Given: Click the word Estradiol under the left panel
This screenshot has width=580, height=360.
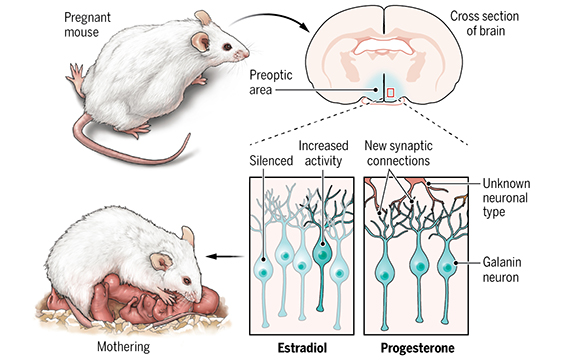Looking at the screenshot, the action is pyautogui.click(x=302, y=348).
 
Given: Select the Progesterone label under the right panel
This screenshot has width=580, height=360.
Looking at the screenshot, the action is pyautogui.click(x=418, y=348).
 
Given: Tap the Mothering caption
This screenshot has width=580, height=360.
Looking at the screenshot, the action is pyautogui.click(x=124, y=347).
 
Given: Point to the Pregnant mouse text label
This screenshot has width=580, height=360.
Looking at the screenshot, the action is pyautogui.click(x=87, y=25).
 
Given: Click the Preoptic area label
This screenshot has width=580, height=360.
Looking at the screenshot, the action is pyautogui.click(x=271, y=82).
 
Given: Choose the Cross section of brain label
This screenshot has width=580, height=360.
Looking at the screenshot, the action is pyautogui.click(x=485, y=23).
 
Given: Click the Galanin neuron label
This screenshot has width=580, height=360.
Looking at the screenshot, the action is pyautogui.click(x=502, y=270).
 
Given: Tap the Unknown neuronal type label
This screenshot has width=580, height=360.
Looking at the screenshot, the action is pyautogui.click(x=506, y=198).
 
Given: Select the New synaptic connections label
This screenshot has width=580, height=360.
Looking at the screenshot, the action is pyautogui.click(x=398, y=153).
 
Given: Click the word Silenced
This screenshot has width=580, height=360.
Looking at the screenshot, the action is pyautogui.click(x=271, y=161).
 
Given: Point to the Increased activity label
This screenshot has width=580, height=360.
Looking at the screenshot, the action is pyautogui.click(x=323, y=153).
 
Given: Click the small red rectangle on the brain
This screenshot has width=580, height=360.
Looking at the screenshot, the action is pyautogui.click(x=391, y=92).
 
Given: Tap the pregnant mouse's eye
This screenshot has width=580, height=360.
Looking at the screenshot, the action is pyautogui.click(x=227, y=47).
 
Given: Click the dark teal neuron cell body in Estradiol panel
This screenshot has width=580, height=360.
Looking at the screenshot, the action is pyautogui.click(x=323, y=253).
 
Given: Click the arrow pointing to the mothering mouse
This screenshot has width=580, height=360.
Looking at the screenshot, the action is pyautogui.click(x=225, y=256).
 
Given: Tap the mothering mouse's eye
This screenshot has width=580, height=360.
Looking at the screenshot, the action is pyautogui.click(x=187, y=280).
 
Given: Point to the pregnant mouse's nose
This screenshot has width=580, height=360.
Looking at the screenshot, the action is pyautogui.click(x=246, y=54).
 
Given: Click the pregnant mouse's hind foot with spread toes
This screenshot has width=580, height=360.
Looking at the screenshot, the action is pyautogui.click(x=76, y=76).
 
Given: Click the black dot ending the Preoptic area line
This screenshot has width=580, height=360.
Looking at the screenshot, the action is pyautogui.click(x=376, y=90).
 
